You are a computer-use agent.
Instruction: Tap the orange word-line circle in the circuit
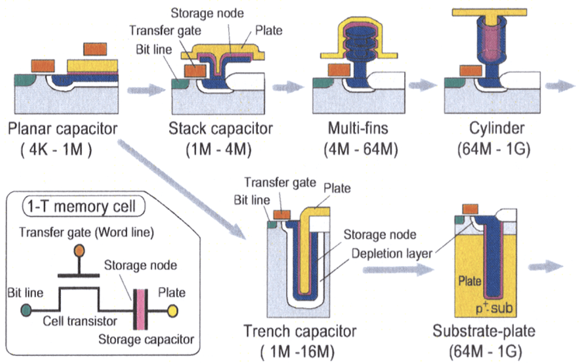78,250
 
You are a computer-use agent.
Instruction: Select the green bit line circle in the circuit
27,309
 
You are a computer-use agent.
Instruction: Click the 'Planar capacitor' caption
63,129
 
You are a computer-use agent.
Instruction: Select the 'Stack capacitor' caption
220,129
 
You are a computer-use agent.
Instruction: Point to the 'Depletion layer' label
392,254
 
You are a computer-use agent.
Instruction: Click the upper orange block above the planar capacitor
95,49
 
